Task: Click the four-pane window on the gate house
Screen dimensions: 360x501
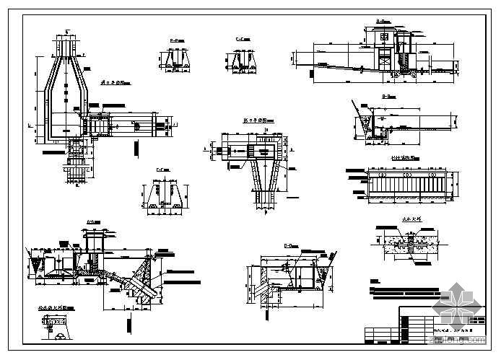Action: point(384,36)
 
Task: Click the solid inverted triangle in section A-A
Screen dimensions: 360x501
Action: point(32,250)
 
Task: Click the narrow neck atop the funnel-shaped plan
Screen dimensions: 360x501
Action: point(65,45)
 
